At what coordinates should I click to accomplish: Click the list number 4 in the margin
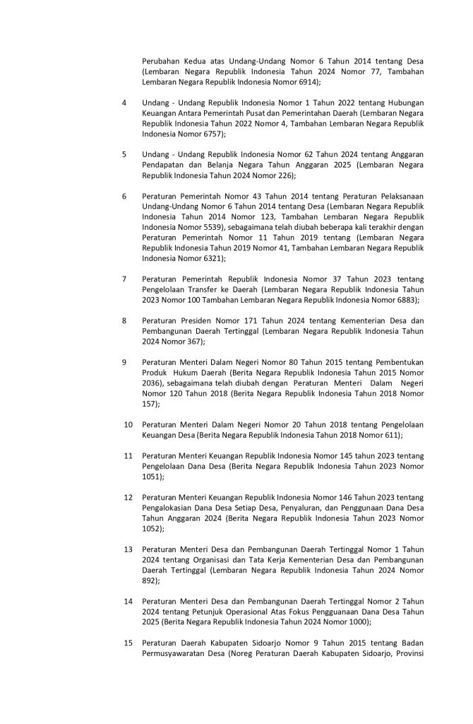[x=124, y=103]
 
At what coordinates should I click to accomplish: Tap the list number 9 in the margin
[x=124, y=363]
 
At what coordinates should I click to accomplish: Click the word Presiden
[x=197, y=320]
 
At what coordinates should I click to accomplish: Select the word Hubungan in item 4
[x=402, y=103]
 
